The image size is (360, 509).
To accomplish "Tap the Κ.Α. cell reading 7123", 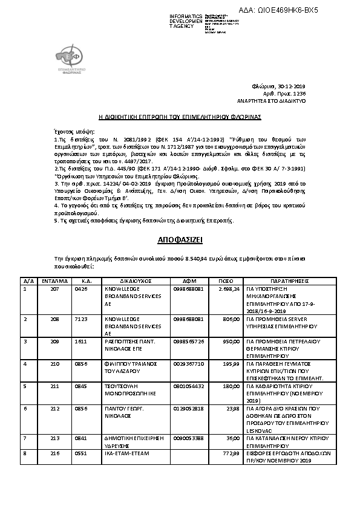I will (x=81, y=317).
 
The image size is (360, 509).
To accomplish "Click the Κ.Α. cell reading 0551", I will (x=81, y=452).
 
